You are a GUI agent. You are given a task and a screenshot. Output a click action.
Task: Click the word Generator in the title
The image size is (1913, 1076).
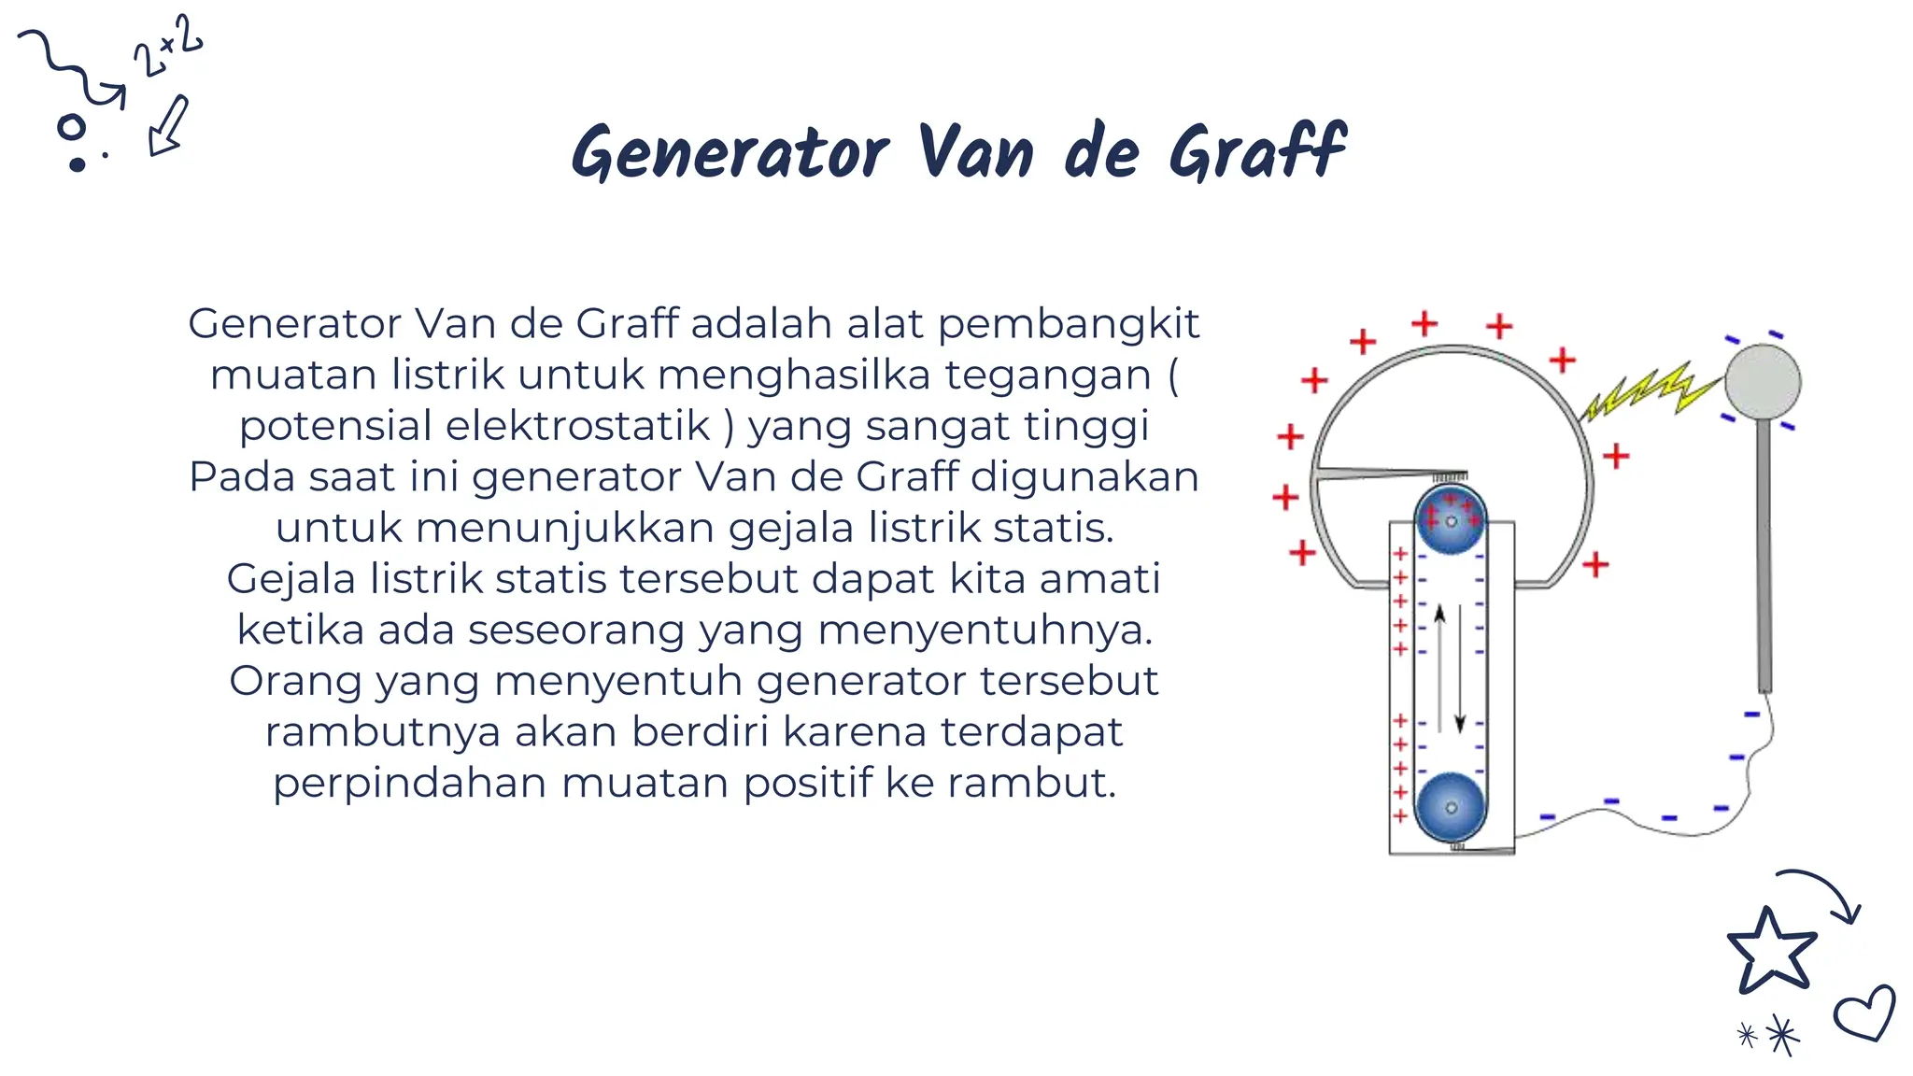730,153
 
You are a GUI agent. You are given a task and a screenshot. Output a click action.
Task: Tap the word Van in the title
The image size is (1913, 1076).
975,153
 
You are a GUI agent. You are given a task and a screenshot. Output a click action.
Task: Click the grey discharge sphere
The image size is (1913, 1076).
1762,382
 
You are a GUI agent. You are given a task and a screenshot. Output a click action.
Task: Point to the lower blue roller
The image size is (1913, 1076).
1450,806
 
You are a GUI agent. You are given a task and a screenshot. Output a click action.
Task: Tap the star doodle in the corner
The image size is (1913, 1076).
1771,952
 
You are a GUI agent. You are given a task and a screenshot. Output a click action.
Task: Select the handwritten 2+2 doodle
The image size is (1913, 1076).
168,47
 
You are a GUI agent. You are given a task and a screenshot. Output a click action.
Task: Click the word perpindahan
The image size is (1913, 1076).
409,783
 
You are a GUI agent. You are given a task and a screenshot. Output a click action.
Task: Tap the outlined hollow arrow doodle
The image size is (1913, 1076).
169,125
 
